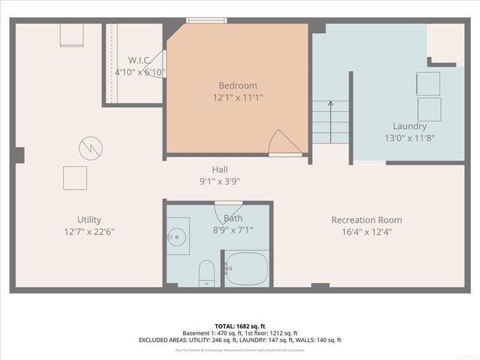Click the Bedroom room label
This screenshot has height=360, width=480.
point(237,85)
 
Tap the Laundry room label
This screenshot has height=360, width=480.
point(409,126)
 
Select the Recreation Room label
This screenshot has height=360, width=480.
point(367,220)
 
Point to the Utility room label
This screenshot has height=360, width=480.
point(88,220)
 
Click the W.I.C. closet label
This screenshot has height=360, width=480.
point(140,60)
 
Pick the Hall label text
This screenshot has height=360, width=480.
point(219,169)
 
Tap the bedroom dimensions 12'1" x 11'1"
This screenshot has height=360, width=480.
point(237,97)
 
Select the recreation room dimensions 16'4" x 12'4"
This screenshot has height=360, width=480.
point(367,232)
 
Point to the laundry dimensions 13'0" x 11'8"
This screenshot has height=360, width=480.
point(409,137)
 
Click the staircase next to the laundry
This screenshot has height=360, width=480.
point(330,121)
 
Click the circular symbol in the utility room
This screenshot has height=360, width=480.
point(89,145)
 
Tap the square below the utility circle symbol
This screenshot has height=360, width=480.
point(75,178)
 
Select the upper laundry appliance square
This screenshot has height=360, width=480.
point(429,82)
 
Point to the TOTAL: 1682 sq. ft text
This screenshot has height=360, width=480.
point(240,326)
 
